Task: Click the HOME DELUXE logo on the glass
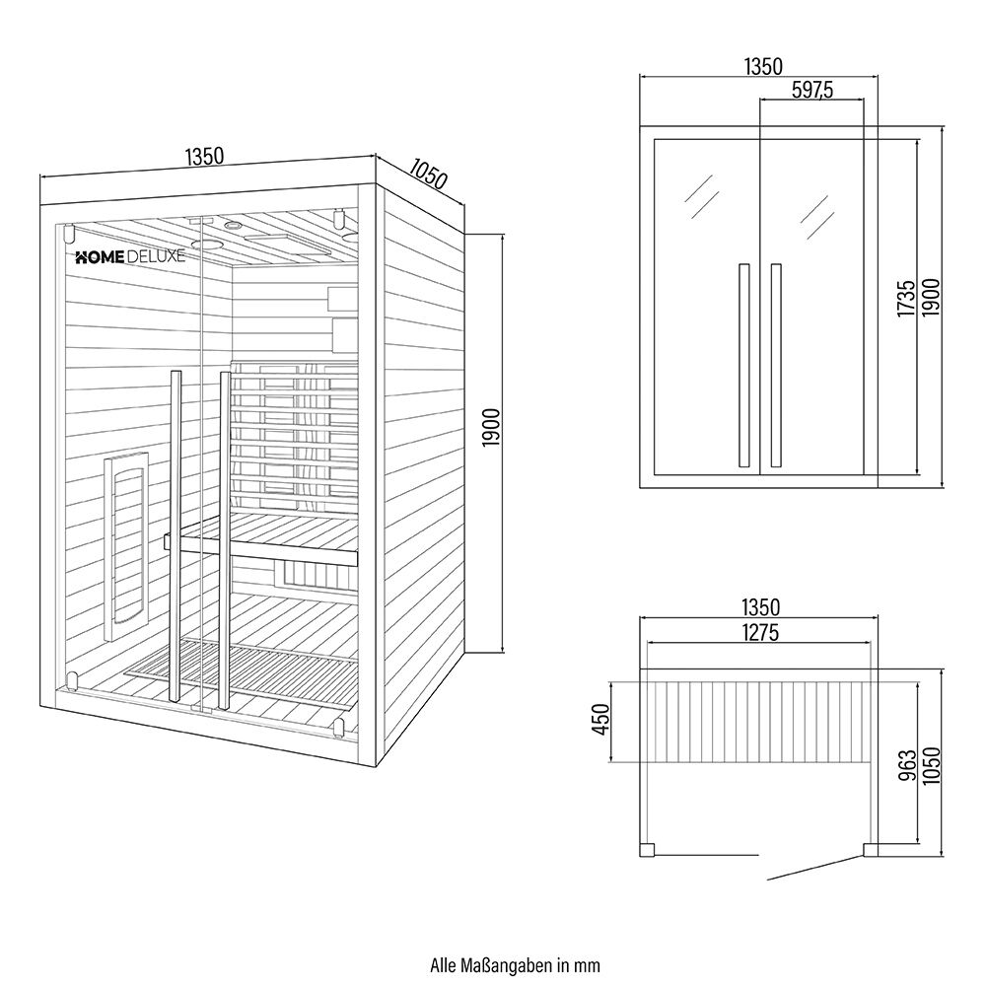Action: tap(130, 256)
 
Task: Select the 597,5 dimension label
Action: tap(812, 90)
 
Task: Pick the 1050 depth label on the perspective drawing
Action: tap(426, 176)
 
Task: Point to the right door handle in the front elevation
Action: tap(776, 364)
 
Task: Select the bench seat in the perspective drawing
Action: tap(266, 537)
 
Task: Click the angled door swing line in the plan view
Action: tap(810, 866)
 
